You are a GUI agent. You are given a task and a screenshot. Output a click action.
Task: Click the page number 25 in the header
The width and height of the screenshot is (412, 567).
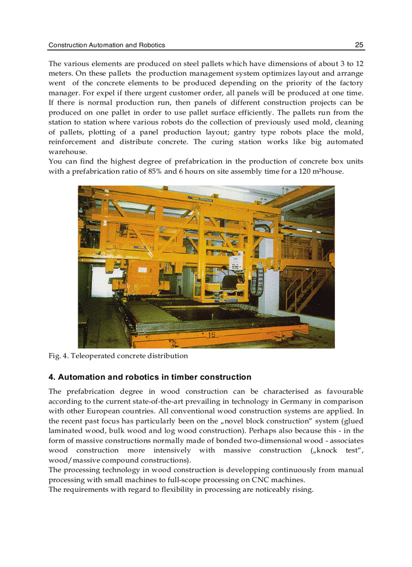pos(359,45)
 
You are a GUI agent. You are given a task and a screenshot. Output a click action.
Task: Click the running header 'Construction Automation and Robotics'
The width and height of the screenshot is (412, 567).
pos(107,45)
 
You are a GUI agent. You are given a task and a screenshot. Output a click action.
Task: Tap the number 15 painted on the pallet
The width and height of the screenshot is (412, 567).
pos(211,334)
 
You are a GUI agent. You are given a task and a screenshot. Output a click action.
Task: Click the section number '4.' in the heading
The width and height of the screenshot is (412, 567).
pos(51,377)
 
